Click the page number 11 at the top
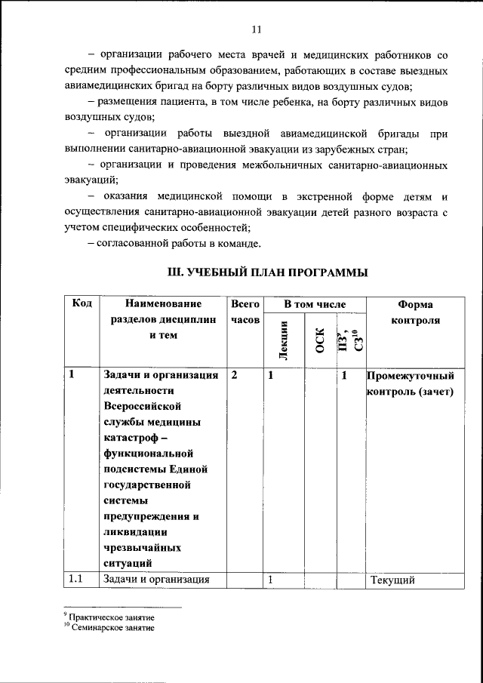256,30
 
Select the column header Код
82,304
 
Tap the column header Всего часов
245,312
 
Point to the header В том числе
314,304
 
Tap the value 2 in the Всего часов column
235,375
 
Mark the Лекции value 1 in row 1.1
269,580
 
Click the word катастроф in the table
131,438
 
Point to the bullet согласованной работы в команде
174,243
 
